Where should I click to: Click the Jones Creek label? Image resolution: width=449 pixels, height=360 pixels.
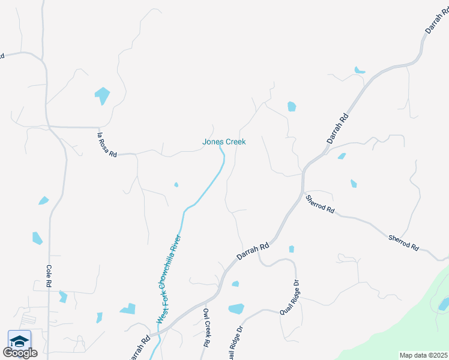pyautogui.click(x=224, y=142)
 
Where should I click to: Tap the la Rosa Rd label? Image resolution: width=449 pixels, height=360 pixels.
pyautogui.click(x=107, y=145)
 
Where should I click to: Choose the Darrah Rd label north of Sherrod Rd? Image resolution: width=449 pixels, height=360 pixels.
pyautogui.click(x=338, y=127)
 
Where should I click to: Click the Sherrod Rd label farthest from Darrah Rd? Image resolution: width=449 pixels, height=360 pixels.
pyautogui.click(x=403, y=242)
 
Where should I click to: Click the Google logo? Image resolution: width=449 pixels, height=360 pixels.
pyautogui.click(x=20, y=353)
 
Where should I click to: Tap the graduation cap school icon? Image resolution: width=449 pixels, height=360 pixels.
pyautogui.click(x=20, y=340)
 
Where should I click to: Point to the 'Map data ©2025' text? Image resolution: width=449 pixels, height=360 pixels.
pyautogui.click(x=424, y=355)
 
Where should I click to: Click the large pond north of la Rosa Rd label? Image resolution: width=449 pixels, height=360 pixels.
pyautogui.click(x=102, y=95)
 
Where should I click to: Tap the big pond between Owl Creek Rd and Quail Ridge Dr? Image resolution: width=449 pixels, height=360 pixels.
pyautogui.click(x=236, y=309)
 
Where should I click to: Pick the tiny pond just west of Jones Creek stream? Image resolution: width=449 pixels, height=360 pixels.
pyautogui.click(x=176, y=185)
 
